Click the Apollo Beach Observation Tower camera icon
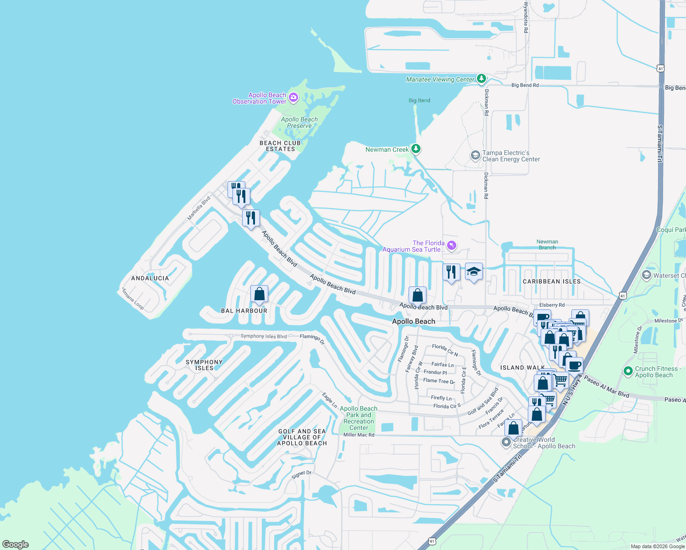point(293,97)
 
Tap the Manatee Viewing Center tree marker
point(481,78)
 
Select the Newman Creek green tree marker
point(416,148)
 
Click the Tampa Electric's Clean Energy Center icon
point(476,155)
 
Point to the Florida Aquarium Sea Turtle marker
point(452,246)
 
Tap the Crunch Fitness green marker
point(628,371)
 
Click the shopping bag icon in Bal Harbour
point(259,294)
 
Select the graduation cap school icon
point(474,272)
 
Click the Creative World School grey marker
point(506,442)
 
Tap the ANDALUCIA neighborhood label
point(150,278)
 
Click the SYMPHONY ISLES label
point(204,365)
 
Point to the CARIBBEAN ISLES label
point(552,281)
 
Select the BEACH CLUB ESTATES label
point(280,146)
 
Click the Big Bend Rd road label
point(525,85)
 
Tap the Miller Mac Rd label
point(359,435)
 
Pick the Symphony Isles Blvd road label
point(263,336)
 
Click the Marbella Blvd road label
point(199,209)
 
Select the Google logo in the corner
point(16,544)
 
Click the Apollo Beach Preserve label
point(299,122)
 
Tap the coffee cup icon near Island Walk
point(574,366)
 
